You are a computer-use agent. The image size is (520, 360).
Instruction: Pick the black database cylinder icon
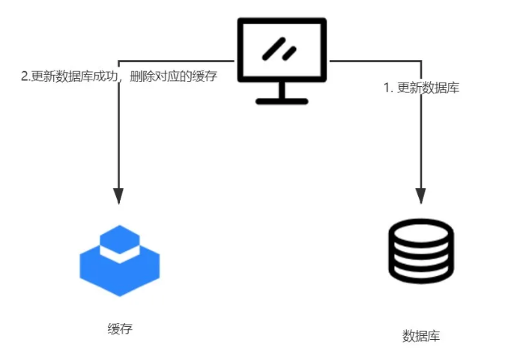click(x=421, y=252)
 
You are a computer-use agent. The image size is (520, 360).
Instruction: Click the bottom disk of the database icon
click(x=421, y=274)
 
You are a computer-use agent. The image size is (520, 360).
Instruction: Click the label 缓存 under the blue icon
click(x=120, y=328)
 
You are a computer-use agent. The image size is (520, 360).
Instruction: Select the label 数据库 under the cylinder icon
click(x=421, y=335)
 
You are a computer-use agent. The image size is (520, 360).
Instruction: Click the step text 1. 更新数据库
click(x=422, y=88)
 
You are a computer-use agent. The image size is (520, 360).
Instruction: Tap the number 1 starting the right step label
click(x=387, y=88)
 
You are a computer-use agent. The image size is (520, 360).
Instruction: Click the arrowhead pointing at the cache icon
click(x=118, y=196)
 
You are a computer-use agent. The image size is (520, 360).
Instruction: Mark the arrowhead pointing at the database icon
click(x=421, y=196)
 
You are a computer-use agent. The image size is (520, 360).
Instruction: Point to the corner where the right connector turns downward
click(x=421, y=60)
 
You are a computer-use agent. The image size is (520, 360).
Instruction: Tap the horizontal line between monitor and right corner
click(x=375, y=60)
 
